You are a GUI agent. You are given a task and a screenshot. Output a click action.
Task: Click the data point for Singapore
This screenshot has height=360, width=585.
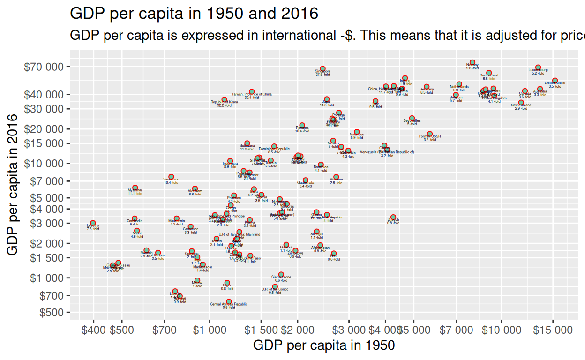(322, 69)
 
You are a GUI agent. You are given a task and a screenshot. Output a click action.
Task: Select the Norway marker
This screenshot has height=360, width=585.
(472, 62)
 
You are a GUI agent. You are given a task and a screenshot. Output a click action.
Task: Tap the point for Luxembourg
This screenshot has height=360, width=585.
(538, 67)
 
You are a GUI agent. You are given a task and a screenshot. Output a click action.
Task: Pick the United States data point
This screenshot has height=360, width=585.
(555, 81)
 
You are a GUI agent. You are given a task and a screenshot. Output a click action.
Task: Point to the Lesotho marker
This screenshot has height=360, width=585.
(93, 223)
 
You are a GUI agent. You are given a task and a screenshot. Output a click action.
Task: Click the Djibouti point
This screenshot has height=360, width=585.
(393, 217)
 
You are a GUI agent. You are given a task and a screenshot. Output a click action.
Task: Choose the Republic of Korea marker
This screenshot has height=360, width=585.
(224, 100)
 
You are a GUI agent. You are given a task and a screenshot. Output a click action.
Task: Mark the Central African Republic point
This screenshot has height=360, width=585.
(229, 302)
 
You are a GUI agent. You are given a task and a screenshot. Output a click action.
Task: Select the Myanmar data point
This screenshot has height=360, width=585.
(135, 187)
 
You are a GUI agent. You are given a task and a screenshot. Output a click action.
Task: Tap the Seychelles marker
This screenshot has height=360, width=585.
(412, 118)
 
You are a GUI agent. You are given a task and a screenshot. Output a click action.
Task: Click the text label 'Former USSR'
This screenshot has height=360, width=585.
(430, 136)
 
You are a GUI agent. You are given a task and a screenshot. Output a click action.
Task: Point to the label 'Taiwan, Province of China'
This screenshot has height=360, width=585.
(252, 94)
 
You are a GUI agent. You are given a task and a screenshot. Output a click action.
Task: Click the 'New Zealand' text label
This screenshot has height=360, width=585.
(521, 105)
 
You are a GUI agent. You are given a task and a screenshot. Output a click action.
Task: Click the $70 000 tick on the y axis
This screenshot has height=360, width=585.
(45, 67)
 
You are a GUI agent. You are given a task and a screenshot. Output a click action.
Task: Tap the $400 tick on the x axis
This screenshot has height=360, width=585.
(93, 330)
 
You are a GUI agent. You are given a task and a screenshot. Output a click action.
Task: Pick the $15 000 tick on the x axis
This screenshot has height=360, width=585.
(553, 330)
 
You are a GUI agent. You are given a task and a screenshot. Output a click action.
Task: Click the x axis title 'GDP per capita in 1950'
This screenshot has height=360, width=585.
(323, 345)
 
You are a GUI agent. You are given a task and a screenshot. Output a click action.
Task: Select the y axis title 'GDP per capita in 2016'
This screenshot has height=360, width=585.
(13, 185)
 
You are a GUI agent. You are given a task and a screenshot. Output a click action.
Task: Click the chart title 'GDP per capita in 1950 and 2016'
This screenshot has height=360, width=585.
(194, 14)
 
